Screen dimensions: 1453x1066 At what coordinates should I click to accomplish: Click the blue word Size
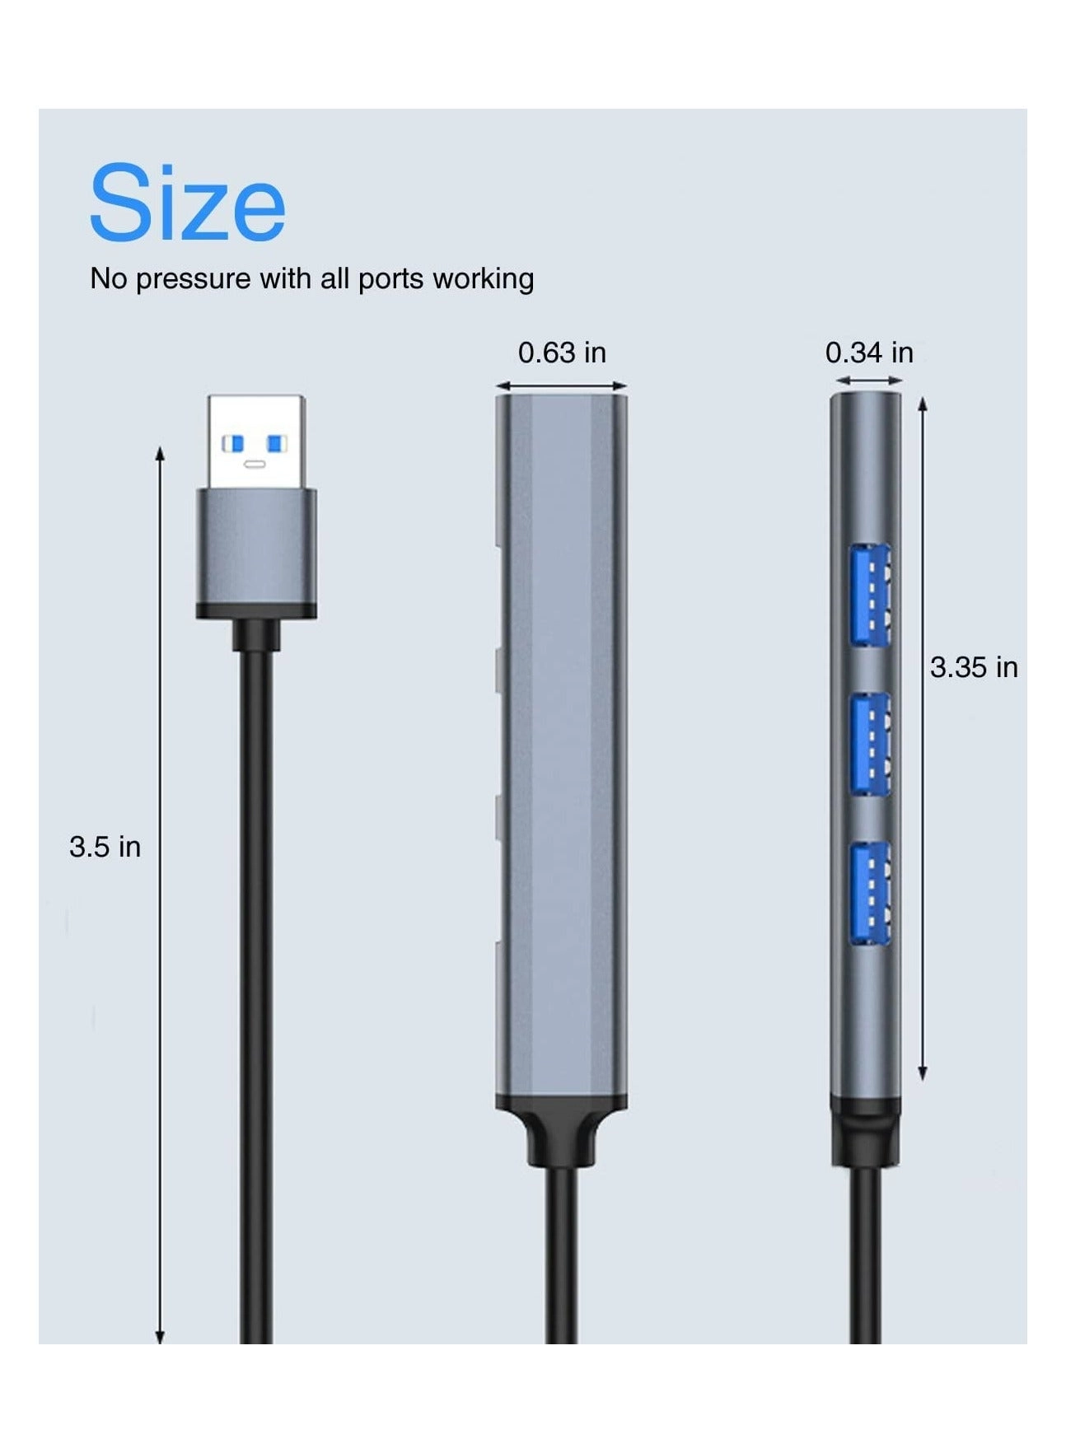point(187,203)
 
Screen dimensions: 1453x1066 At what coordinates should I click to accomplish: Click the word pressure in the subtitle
point(193,279)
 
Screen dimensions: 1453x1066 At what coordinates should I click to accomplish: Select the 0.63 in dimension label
point(562,353)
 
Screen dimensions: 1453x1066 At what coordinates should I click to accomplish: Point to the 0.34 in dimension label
point(869,353)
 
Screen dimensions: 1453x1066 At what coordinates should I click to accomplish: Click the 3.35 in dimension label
point(974,667)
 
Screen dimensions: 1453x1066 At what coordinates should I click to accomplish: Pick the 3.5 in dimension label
point(105,847)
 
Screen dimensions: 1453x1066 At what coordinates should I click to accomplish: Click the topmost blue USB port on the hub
point(871,595)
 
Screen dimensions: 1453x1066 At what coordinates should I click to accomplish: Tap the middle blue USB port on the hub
point(871,744)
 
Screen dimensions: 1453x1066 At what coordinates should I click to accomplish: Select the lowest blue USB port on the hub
point(871,892)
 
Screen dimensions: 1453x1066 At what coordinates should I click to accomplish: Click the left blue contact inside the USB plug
point(234,444)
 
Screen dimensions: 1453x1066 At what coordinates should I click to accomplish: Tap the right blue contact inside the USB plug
point(277,444)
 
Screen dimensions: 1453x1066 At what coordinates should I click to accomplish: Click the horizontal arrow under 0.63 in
point(562,385)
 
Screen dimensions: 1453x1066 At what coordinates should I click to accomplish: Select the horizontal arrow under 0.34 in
point(869,381)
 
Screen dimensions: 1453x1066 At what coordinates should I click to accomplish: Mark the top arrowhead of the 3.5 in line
point(161,453)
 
